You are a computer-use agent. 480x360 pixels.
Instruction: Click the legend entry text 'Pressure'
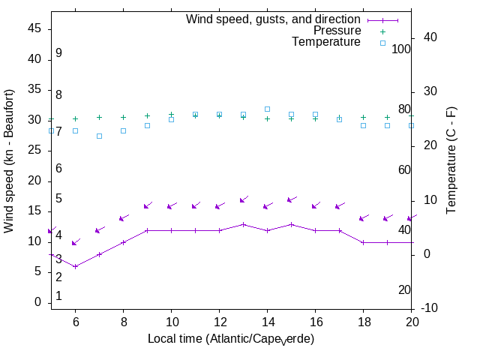tap(337, 31)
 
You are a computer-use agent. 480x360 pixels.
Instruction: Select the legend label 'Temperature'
tap(326, 42)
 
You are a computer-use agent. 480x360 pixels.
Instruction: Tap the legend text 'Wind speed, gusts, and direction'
tap(274, 19)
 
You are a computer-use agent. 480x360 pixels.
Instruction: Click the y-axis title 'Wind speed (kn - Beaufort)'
tap(9, 160)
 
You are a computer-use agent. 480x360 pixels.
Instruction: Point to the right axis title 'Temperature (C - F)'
tap(452, 159)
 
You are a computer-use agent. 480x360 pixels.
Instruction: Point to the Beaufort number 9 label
tap(58, 53)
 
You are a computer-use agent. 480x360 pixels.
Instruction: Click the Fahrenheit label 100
tap(402, 49)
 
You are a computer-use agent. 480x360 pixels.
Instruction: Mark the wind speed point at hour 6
tap(75, 266)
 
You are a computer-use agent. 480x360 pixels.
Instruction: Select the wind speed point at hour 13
tap(243, 224)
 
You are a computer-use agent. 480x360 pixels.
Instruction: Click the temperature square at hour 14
tap(267, 109)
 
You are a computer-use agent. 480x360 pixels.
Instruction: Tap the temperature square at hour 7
tap(99, 136)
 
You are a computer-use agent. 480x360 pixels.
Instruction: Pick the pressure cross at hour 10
tap(171, 115)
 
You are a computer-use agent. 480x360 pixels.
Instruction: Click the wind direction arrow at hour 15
tap(292, 200)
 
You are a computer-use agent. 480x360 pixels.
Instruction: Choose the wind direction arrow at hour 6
tap(75, 242)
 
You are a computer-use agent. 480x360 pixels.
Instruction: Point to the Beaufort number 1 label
tap(58, 296)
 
